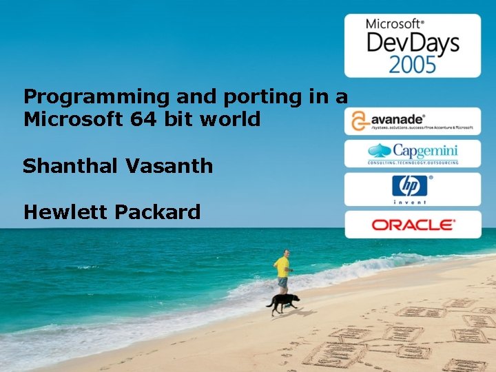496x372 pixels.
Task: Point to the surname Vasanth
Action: point(173,166)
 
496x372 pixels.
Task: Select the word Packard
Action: point(158,211)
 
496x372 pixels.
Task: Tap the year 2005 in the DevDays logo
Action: point(412,65)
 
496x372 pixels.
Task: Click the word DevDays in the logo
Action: point(412,43)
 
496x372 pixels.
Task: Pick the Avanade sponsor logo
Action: point(412,121)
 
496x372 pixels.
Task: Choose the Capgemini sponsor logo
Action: point(412,154)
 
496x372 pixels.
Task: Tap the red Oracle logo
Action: point(413,225)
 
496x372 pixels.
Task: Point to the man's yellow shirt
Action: point(282,266)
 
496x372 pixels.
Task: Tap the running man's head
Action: point(285,253)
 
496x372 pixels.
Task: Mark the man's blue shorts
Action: point(282,281)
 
